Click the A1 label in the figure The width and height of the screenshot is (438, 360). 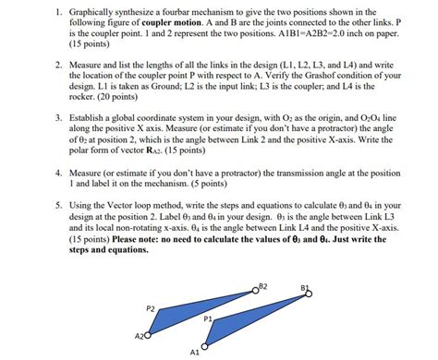tap(193, 352)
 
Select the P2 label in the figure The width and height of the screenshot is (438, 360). tap(151, 307)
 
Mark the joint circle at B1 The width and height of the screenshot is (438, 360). tap(309, 294)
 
